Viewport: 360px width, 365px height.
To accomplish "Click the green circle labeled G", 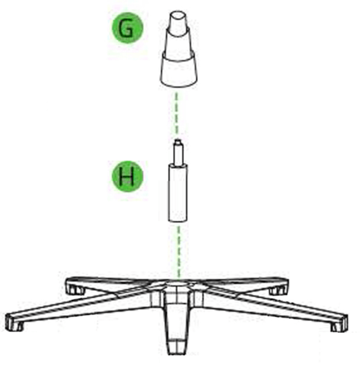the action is point(128,28).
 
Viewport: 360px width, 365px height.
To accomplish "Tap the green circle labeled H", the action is point(128,176).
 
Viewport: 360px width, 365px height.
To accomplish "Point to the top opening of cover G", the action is point(178,15).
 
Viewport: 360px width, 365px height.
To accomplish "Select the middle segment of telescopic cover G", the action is point(178,43).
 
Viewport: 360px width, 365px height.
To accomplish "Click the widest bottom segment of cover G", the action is point(178,71).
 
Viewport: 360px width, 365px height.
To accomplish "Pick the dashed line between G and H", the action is point(177,113).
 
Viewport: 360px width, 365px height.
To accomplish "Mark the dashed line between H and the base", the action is point(178,252).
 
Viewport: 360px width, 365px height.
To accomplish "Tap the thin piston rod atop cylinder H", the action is point(178,153).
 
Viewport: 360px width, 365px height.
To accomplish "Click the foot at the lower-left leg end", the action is point(15,323).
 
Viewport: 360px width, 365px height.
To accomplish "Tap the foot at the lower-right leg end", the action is point(340,323).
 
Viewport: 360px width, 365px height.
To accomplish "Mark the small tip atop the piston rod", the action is point(178,141).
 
